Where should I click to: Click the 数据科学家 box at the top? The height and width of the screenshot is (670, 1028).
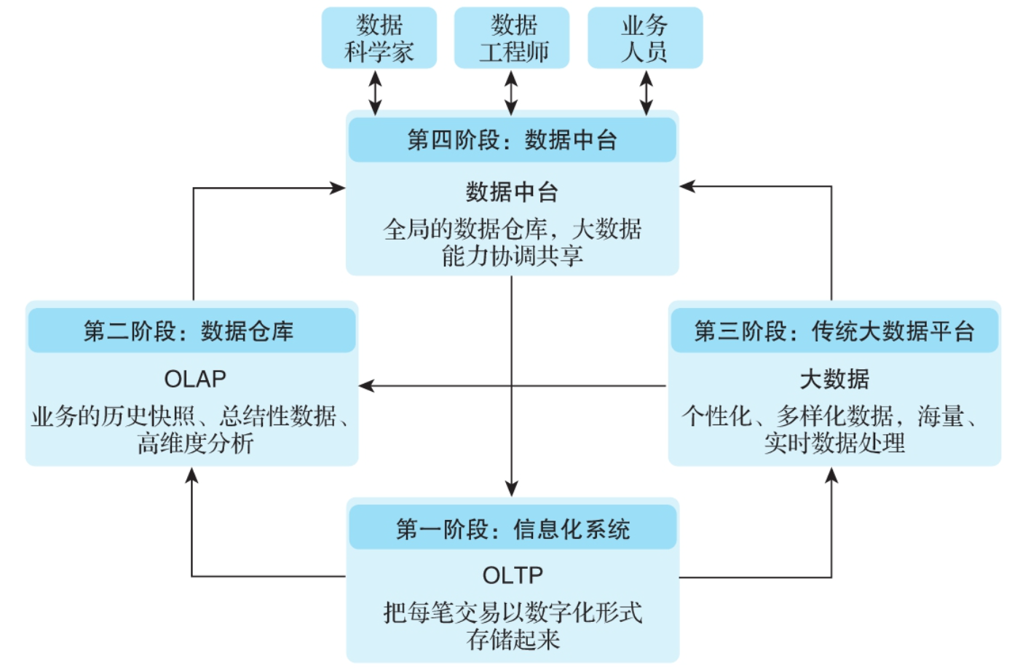379,39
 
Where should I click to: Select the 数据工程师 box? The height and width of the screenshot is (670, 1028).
512,39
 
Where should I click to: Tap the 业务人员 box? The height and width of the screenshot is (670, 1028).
645,39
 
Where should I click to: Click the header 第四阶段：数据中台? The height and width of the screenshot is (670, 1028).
512,140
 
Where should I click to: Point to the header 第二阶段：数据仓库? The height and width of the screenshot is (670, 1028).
191,331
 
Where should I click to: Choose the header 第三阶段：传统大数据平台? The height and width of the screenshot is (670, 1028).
834,331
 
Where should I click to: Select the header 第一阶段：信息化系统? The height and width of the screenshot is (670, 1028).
513,529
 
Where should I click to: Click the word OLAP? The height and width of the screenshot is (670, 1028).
195,379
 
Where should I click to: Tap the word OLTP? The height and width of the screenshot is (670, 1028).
513,575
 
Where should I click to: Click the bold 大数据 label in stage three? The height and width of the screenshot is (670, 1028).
834,379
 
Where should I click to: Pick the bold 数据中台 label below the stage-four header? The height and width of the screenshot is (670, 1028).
512,192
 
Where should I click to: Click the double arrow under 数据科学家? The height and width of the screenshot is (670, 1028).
375,92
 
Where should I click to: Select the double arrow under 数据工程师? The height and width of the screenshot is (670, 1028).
511,92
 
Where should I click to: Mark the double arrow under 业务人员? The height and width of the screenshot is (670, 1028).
646,92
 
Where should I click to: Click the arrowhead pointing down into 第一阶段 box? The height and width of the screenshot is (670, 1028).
512,489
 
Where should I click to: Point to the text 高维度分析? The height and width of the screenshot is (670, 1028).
195,443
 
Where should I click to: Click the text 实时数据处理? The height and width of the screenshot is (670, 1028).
834,443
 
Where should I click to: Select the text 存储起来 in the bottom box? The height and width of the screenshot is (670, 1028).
513,639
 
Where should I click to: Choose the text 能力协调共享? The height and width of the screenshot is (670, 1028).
512,256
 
